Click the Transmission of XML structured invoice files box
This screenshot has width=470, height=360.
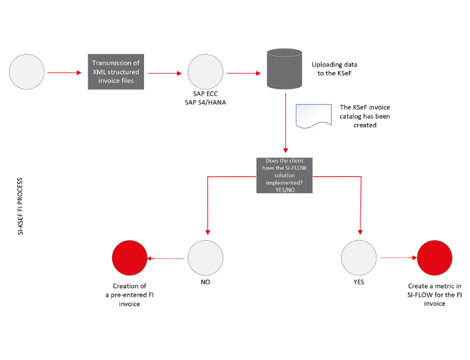pos(116,71)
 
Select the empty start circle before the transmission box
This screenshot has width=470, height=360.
pos(26,71)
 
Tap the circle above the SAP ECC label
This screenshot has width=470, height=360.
pos(205,71)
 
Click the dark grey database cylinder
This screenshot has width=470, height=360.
pos(284,69)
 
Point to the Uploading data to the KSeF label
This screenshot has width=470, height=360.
pos(334,69)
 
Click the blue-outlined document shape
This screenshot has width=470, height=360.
pos(313,116)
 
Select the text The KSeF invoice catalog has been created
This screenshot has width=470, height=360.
pos(365,116)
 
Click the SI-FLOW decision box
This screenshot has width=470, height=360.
pos(284,175)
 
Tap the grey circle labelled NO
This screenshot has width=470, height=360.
pos(205,257)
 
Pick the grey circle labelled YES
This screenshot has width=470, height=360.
pos(358,257)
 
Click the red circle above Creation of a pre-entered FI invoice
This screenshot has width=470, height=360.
pos(130,257)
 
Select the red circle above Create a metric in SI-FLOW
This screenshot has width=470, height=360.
pos(435,257)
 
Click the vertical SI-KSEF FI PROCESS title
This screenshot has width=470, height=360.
pos(20,206)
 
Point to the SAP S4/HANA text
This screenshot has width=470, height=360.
pos(205,103)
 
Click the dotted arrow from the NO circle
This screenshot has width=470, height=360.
pos(166,259)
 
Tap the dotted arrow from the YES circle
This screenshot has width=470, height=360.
pos(399,257)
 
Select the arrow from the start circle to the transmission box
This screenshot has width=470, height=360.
pos(64,73)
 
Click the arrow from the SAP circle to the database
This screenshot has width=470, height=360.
pos(244,73)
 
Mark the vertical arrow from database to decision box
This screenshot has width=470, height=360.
pos(285,123)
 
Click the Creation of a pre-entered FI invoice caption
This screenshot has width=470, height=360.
pos(130,295)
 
